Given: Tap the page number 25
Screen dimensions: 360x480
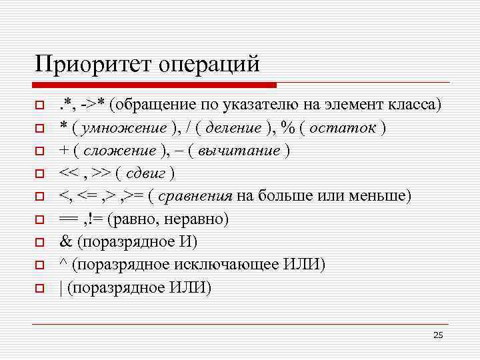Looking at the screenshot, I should click(x=438, y=335).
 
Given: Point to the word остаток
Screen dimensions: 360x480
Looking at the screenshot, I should click(x=344, y=127).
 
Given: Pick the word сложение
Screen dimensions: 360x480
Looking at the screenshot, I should click(x=112, y=150).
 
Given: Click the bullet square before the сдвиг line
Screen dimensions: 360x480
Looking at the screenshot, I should click(x=40, y=174).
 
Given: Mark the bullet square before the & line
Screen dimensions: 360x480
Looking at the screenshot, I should click(x=40, y=243).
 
